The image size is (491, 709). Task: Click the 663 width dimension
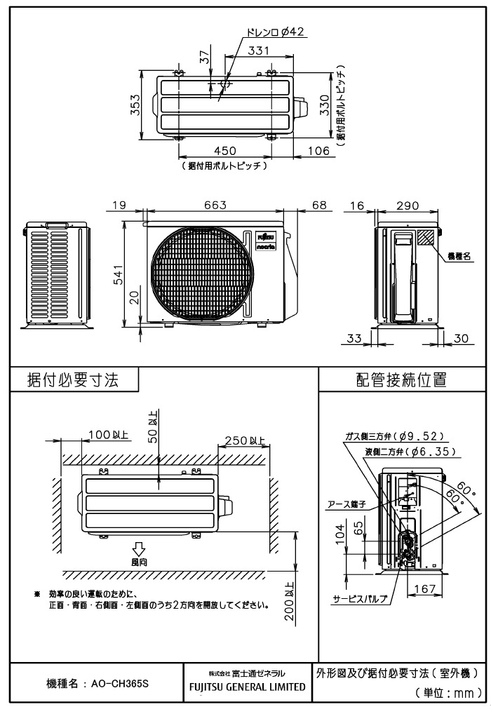(x=215, y=205)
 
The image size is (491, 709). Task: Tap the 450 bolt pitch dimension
(x=224, y=151)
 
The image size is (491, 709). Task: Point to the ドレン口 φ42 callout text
(x=275, y=32)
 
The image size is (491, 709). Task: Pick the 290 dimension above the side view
(x=407, y=205)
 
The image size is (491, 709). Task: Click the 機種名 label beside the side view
(x=459, y=256)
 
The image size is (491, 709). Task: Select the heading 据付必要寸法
(x=73, y=381)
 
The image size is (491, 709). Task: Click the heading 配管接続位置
(x=401, y=381)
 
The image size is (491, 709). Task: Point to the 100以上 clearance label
(x=108, y=435)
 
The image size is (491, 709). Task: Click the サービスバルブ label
(x=360, y=600)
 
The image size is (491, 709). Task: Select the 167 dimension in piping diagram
(x=425, y=589)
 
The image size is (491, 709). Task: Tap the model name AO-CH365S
(x=96, y=682)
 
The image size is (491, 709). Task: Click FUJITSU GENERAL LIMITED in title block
(x=248, y=687)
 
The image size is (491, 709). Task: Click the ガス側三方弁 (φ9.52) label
(x=393, y=435)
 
